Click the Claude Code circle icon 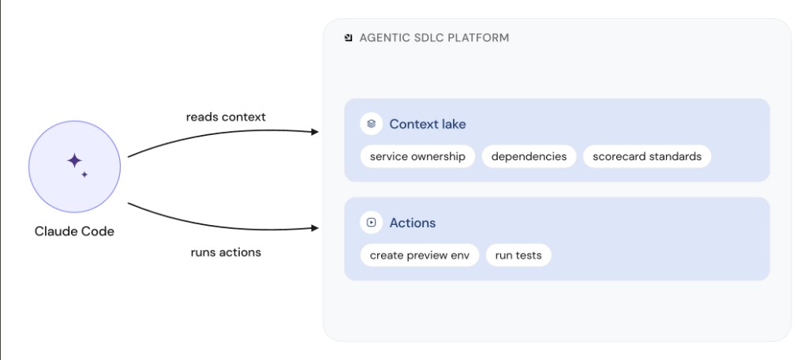coord(74,167)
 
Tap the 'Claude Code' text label coord(74,231)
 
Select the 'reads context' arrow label coord(226,117)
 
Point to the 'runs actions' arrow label coord(226,252)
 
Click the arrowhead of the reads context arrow coord(315,132)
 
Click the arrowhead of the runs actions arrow coord(315,227)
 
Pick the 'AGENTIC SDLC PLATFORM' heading coord(434,38)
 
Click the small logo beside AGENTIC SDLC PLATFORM coord(348,38)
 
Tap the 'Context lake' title coord(427,124)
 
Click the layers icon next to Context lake coord(371,124)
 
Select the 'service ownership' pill coord(417,156)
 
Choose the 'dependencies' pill coord(529,156)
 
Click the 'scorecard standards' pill coord(647,156)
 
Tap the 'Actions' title coord(412,223)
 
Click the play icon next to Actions coord(371,223)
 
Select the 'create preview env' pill coord(420,255)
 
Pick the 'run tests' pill coord(518,255)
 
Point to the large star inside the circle coord(74,160)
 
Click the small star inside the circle coord(84,174)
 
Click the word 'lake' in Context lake coord(454,124)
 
